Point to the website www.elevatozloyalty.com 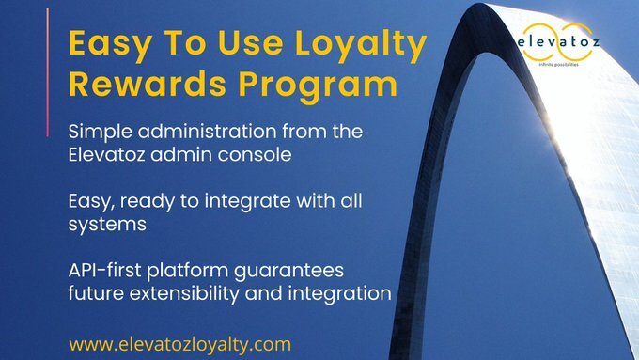(180, 343)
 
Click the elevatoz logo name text (561, 41)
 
